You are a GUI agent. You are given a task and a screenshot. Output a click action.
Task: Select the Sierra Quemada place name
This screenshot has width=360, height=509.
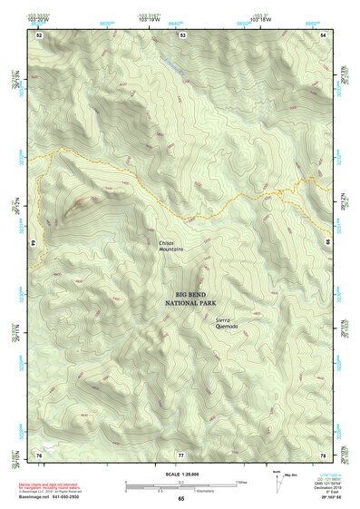[x=229, y=323]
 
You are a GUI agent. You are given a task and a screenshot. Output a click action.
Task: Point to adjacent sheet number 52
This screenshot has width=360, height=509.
[x=39, y=34]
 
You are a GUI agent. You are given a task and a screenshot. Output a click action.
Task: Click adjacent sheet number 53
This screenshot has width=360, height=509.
[x=182, y=34]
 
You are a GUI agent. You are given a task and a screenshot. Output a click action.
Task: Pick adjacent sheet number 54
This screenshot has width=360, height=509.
[x=324, y=34]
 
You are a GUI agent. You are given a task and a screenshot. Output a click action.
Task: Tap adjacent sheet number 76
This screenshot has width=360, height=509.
[x=39, y=453]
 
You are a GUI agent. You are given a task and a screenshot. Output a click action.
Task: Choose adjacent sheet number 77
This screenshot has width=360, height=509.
[x=181, y=453]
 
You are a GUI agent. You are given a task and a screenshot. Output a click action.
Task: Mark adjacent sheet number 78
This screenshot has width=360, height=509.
[x=323, y=453]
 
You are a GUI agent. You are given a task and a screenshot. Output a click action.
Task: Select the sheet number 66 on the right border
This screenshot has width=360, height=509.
[x=327, y=244]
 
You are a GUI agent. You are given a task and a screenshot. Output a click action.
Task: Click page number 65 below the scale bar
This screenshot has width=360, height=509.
[x=180, y=498]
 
